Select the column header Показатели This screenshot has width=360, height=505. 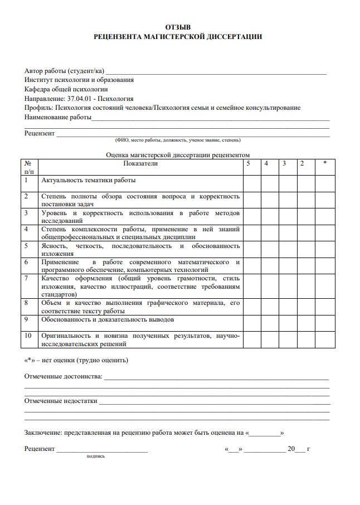pyautogui.click(x=140, y=164)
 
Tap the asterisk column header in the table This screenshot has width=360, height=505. pyautogui.click(x=324, y=164)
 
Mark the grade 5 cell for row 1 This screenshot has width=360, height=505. pyautogui.click(x=252, y=183)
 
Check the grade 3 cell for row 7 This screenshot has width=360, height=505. pyautogui.click(x=288, y=285)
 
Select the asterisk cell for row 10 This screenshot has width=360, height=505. pyautogui.click(x=325, y=339)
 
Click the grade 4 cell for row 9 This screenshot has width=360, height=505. pyautogui.click(x=270, y=323)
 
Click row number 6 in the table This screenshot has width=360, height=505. pyautogui.click(x=26, y=261)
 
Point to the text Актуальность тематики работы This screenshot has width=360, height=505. pyautogui.click(x=89, y=180)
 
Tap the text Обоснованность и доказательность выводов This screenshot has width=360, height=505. pyautogui.click(x=108, y=319)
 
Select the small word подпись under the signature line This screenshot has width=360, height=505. pyautogui.click(x=95, y=456)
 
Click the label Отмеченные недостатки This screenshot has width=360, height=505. pyautogui.click(x=61, y=400)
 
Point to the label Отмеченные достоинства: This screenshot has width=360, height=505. pyautogui.click(x=63, y=377)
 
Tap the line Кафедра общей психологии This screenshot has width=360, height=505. pyautogui.click(x=66, y=89)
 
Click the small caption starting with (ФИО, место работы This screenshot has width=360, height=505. pyautogui.click(x=177, y=140)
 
